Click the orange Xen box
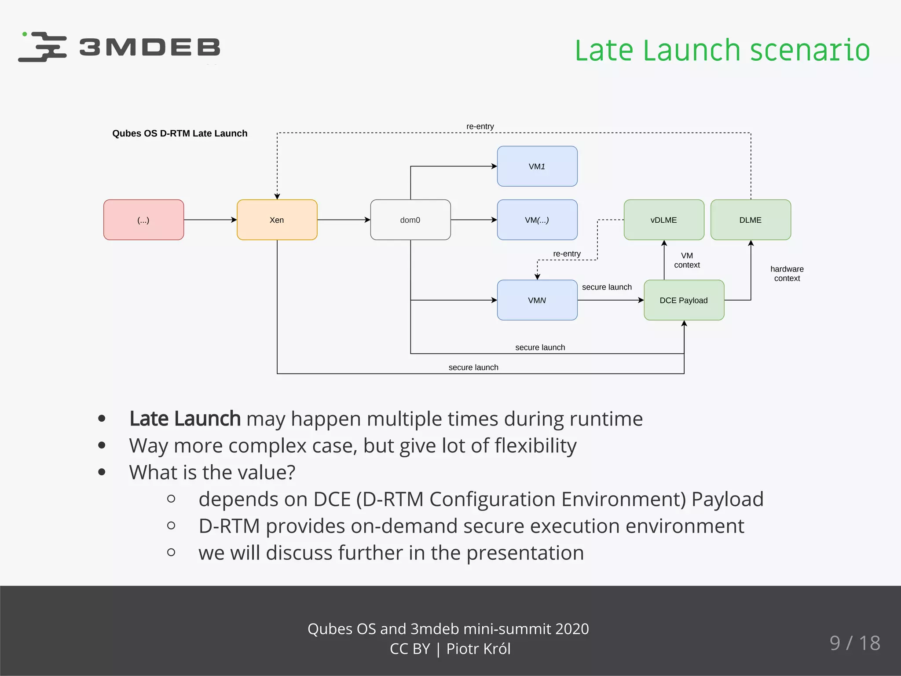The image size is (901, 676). [277, 220]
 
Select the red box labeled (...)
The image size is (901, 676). [143, 220]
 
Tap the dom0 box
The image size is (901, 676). [410, 220]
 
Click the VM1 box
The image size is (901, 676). [537, 166]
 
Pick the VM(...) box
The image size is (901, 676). [537, 220]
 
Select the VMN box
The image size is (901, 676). [537, 300]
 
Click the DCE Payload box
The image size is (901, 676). [684, 300]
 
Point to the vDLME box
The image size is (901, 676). [663, 220]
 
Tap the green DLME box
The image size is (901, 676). [751, 220]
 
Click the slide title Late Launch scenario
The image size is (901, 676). [722, 50]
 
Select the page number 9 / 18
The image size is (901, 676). [854, 643]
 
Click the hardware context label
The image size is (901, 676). [787, 273]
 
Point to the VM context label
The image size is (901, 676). [687, 260]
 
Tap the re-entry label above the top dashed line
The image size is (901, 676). [480, 126]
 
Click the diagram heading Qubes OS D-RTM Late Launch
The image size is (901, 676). [179, 133]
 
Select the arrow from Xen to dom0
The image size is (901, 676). [343, 220]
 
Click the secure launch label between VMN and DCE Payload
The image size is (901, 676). [607, 287]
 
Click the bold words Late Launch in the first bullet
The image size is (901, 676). [185, 419]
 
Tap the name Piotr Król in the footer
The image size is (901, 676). [478, 649]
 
